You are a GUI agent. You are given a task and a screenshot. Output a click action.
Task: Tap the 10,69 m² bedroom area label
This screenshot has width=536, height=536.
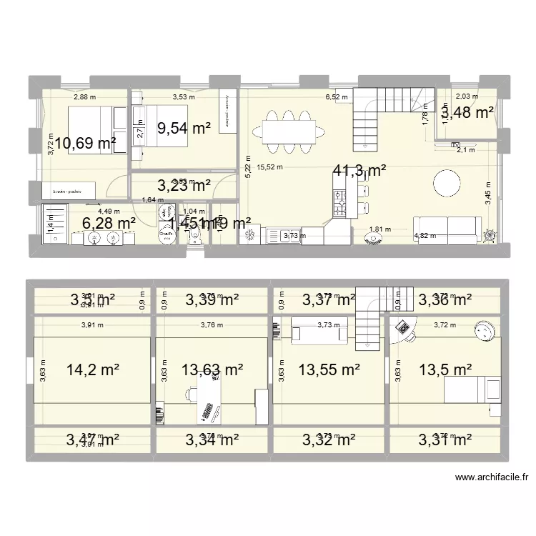point(86,144)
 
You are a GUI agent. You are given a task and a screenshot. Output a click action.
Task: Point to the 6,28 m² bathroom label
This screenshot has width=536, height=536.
point(109,224)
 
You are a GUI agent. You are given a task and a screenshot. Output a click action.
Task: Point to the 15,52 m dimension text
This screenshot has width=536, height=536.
point(270,168)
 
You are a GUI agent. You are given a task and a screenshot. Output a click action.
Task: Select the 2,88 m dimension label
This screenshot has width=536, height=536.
point(85,97)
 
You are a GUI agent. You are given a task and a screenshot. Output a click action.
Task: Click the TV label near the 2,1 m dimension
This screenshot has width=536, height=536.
point(455,145)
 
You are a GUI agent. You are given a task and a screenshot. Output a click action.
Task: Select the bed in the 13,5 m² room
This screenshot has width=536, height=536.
point(473,389)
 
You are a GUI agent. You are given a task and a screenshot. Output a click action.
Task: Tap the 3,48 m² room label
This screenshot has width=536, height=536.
point(467,112)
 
